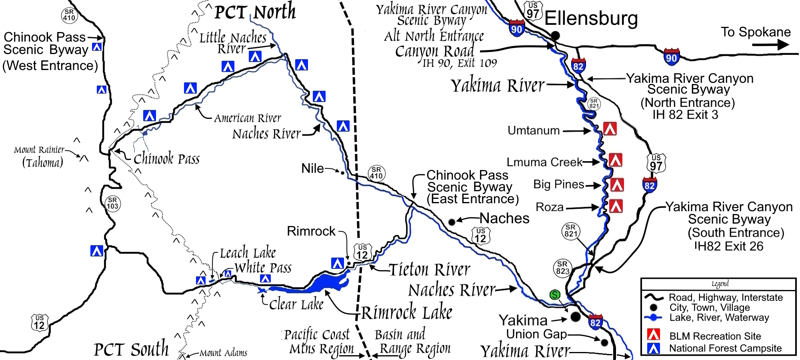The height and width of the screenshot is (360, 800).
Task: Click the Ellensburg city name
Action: point(591,18)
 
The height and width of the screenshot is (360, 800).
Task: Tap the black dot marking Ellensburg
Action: point(555,36)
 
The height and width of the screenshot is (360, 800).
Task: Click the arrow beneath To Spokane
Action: point(770,44)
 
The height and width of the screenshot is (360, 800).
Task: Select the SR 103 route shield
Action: point(112,204)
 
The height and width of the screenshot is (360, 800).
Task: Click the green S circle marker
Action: point(555,295)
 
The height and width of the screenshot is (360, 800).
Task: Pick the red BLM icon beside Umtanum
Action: point(610,129)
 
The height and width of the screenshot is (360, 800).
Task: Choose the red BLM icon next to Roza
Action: point(616,206)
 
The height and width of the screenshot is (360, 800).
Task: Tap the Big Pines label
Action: point(559,184)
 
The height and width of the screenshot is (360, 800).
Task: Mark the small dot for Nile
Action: point(342,173)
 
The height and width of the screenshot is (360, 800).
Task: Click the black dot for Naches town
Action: point(452,222)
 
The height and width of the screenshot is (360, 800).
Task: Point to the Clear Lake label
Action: point(296,304)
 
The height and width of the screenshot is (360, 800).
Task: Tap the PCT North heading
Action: point(255,12)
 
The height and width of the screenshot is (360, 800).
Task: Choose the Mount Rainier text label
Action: point(39,150)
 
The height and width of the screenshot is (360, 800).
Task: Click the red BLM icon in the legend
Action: point(654,334)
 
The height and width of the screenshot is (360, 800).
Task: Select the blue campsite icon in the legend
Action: point(654,348)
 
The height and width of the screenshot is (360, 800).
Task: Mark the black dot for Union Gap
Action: point(604,342)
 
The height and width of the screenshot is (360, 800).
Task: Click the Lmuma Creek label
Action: point(544,162)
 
